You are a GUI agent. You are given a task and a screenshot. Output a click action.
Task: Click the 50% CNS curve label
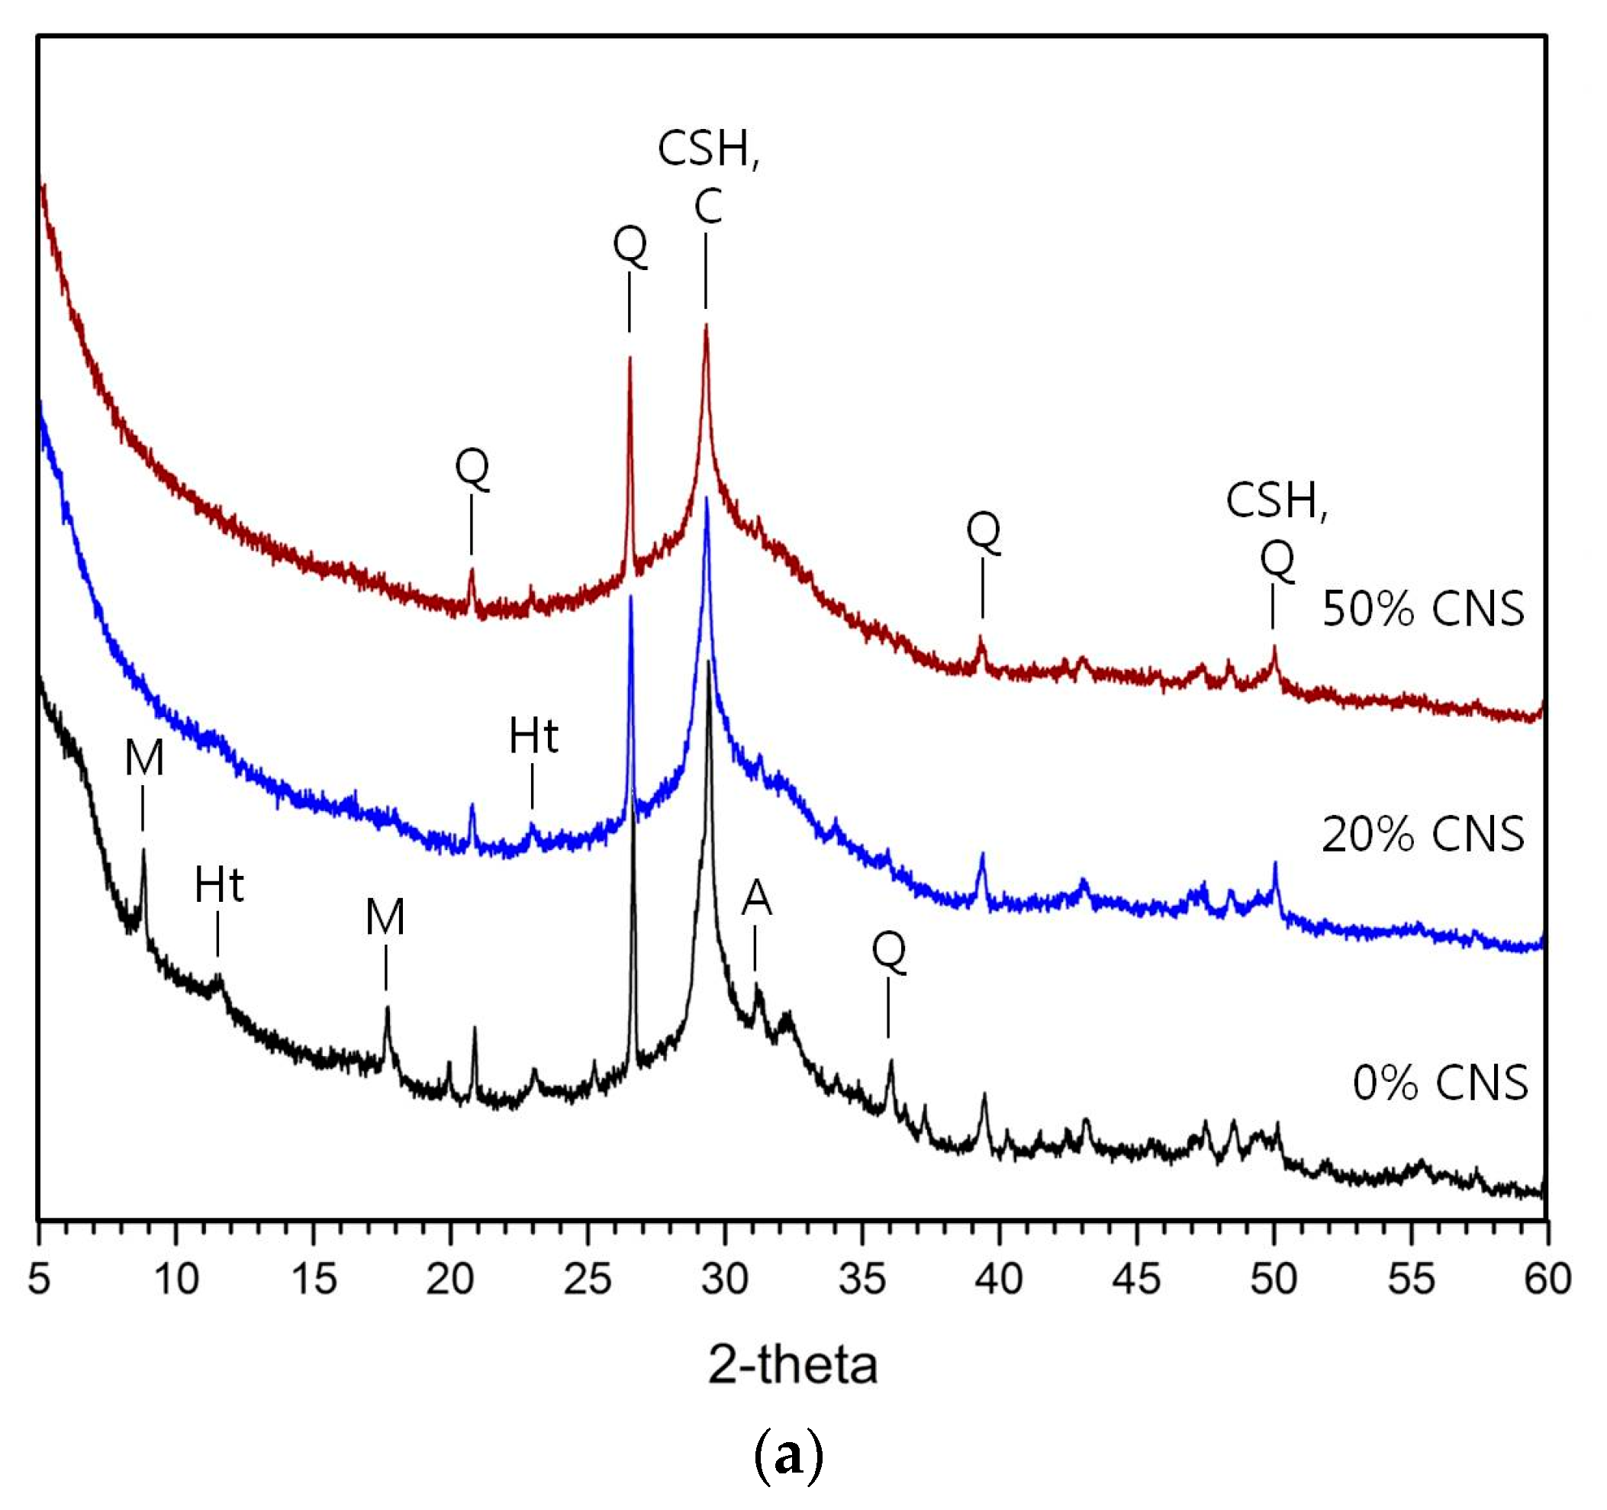1422,610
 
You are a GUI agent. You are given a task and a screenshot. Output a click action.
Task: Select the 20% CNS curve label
1422,834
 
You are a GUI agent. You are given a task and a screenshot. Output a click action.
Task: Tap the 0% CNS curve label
1440,1083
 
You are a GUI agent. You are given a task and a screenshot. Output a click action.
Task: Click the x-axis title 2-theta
792,1365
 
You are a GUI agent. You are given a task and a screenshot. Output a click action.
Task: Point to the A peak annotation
757,898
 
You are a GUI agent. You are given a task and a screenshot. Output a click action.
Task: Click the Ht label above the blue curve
533,736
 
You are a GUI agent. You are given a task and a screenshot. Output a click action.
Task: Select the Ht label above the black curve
219,886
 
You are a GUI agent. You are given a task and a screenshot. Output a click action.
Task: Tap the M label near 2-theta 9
144,759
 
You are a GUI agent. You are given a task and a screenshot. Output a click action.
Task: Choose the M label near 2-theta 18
385,917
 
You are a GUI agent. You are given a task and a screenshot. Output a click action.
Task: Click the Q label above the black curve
889,951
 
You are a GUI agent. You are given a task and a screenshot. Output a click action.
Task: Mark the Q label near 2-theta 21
472,467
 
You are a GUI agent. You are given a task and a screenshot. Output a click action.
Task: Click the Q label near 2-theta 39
983,531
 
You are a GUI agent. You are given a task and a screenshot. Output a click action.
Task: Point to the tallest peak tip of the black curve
709,662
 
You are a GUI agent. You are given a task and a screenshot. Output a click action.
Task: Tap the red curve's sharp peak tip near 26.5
630,358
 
